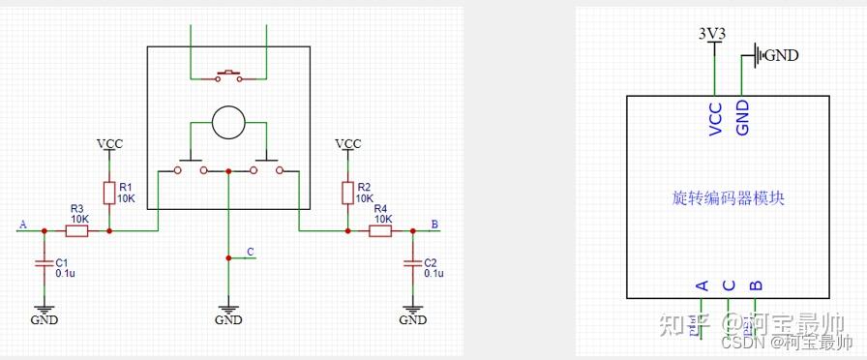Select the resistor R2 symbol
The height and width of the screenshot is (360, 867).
tap(348, 193)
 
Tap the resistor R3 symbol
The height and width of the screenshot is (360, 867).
tap(77, 231)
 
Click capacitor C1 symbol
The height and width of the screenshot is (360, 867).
tap(43, 263)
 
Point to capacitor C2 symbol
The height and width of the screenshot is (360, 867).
tap(413, 263)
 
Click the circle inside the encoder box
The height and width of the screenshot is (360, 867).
tap(228, 123)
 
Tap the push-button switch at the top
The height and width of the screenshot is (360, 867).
tap(229, 74)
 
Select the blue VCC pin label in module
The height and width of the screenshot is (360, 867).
tap(716, 117)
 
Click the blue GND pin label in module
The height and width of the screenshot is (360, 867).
tap(742, 117)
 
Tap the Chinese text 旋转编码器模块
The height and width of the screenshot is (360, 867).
tap(728, 197)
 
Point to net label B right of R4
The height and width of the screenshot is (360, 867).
tap(434, 225)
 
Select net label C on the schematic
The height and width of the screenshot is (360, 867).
tap(251, 252)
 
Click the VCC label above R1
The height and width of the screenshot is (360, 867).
tap(109, 143)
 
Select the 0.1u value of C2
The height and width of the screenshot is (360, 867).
tap(433, 274)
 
